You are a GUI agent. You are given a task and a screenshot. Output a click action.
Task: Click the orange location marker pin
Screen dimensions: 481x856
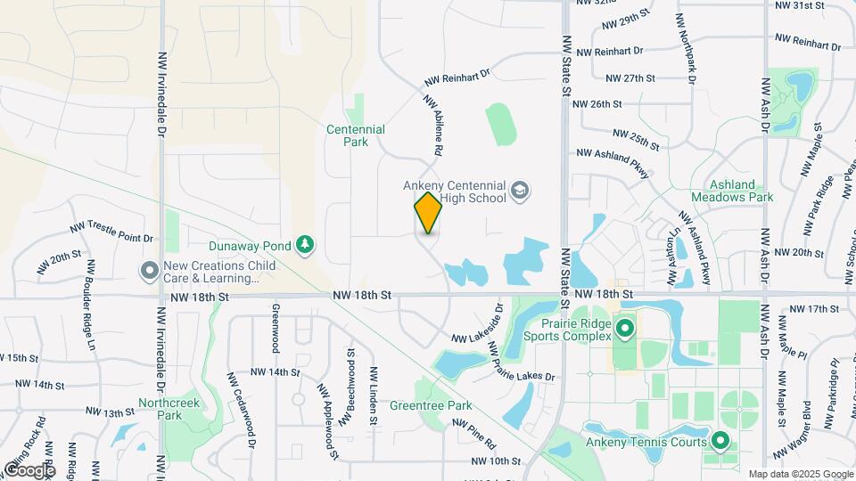[x=428, y=213]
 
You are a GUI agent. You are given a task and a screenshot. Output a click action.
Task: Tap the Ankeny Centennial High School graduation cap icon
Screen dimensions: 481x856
[x=520, y=192]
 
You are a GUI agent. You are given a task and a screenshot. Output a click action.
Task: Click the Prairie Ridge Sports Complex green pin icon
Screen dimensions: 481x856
[x=624, y=329]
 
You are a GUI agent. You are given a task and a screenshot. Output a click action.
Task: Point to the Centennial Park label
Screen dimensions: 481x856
[x=356, y=135]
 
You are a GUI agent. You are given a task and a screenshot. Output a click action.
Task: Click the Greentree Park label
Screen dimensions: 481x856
[x=431, y=406]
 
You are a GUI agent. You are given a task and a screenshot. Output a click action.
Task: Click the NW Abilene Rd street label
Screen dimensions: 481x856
[x=433, y=126]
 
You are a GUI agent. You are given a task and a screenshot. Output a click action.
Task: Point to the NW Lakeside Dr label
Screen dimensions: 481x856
[x=478, y=327]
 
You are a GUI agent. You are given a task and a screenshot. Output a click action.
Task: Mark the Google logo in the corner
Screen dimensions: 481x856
[x=29, y=469]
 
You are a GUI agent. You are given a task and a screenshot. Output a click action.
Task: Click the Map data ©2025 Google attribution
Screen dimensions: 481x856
[x=800, y=475]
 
